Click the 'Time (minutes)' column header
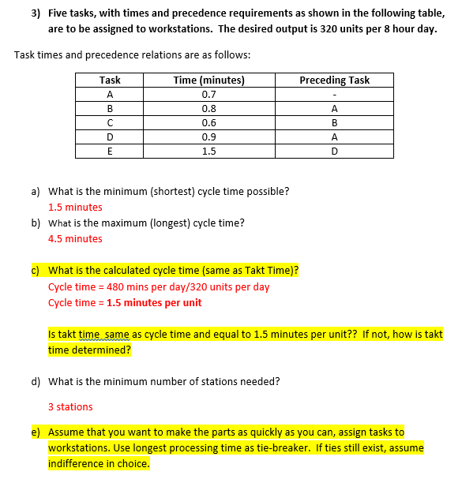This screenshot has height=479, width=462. [208, 80]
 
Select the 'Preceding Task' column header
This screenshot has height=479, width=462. [334, 80]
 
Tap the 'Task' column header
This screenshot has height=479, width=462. [110, 80]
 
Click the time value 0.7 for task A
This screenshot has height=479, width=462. [208, 94]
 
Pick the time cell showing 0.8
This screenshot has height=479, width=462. [208, 109]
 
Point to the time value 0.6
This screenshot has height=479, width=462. [208, 123]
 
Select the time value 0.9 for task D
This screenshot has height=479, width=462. [208, 137]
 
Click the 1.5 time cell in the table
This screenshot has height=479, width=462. [208, 152]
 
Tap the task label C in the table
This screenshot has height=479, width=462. [110, 123]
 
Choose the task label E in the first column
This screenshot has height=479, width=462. [110, 152]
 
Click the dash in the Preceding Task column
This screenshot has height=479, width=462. [334, 95]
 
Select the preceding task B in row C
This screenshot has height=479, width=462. [334, 123]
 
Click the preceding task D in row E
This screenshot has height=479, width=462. [334, 152]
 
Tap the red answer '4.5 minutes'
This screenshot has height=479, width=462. [75, 238]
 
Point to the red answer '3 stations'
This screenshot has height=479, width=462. [70, 406]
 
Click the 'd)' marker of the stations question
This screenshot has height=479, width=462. [36, 381]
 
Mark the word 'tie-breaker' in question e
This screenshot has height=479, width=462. [282, 447]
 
